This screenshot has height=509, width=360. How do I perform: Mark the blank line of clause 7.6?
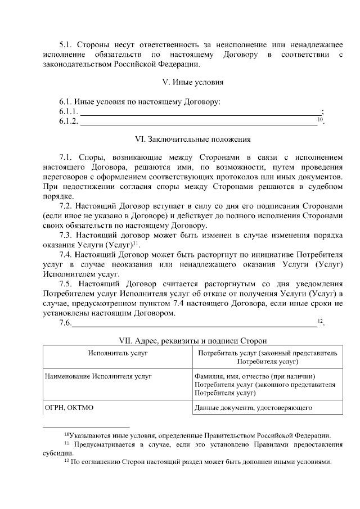pyautogui.click(x=194, y=323)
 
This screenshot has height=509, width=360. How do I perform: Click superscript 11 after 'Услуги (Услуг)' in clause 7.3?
pyautogui.click(x=136, y=243)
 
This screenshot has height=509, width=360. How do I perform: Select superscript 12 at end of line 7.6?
pyautogui.click(x=320, y=321)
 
